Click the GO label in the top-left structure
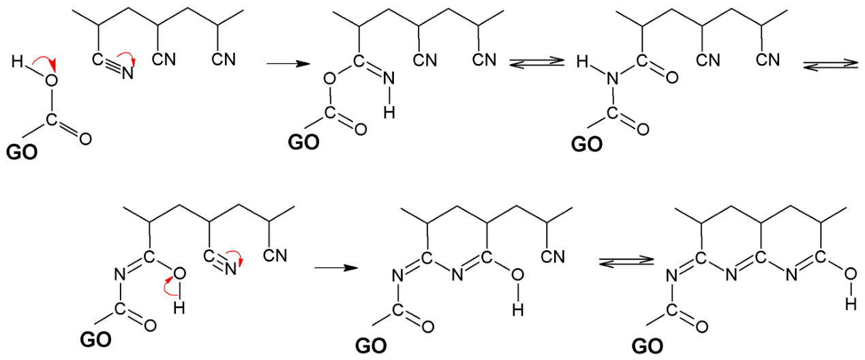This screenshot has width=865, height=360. (22, 153)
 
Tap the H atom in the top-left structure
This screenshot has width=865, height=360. (17, 61)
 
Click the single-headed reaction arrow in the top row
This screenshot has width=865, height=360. (288, 63)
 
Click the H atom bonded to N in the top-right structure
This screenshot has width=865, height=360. (582, 62)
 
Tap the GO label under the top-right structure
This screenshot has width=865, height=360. (587, 145)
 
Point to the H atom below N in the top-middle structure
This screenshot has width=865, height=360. (389, 112)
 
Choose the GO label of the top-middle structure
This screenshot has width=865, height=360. (303, 142)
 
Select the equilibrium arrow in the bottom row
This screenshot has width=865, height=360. (626, 261)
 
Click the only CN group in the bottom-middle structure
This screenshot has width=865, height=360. (553, 257)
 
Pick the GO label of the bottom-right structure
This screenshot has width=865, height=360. (648, 346)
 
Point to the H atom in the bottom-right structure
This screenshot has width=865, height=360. (851, 305)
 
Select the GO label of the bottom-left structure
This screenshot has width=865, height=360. (95, 340)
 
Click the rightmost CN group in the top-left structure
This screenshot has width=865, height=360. (224, 59)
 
